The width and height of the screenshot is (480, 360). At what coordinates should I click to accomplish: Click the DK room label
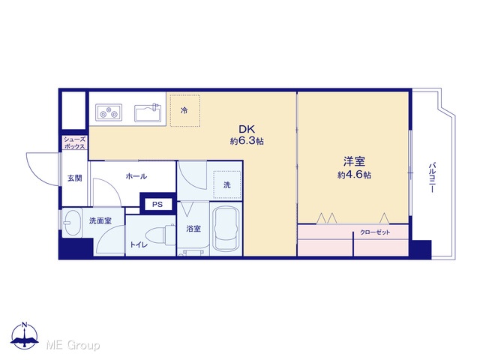(x=247, y=129)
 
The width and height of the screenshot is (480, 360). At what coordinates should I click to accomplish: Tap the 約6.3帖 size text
(x=247, y=141)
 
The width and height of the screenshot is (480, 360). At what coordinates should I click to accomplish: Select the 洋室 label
(x=355, y=162)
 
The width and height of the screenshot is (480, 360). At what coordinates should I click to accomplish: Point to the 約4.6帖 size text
(x=355, y=175)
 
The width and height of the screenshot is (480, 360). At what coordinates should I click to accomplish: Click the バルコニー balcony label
(x=432, y=178)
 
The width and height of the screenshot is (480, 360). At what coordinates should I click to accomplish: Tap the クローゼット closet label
(x=375, y=232)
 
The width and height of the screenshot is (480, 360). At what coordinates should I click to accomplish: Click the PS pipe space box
(x=157, y=204)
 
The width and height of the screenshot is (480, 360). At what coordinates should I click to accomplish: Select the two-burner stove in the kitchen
(x=109, y=112)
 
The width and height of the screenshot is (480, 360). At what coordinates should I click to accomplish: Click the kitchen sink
(x=147, y=112)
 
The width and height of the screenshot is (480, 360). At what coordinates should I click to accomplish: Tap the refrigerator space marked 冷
(x=185, y=110)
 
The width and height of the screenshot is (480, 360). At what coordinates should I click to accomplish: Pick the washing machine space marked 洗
(x=226, y=184)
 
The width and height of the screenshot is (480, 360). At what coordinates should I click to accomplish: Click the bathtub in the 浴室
(x=226, y=229)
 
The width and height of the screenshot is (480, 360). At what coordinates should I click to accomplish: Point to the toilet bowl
(x=160, y=235)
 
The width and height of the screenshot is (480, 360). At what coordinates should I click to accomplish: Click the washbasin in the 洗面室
(x=72, y=222)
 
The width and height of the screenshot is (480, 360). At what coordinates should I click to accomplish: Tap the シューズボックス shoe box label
(x=74, y=143)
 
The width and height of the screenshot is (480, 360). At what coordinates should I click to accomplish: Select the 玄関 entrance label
(x=75, y=178)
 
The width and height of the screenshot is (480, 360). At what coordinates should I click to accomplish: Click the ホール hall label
(x=136, y=176)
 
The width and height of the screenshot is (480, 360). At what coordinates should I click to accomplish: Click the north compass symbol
(x=25, y=335)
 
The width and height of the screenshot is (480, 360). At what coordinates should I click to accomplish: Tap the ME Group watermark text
(x=73, y=346)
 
